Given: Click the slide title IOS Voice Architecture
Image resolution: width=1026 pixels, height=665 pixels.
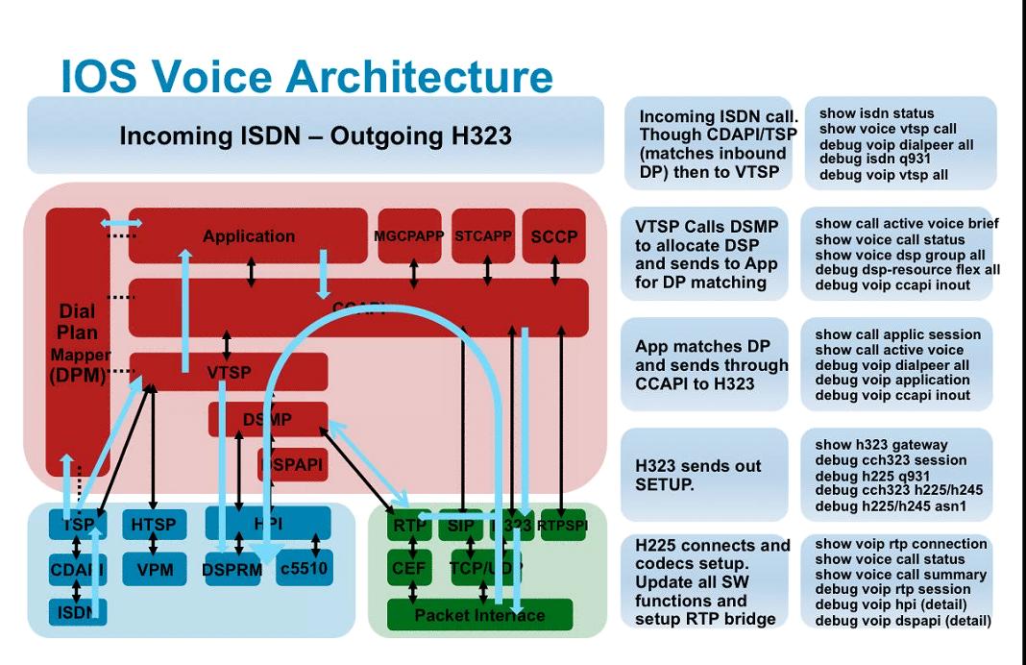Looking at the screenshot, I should click(x=306, y=76).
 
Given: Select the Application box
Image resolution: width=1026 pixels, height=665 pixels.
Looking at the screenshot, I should click(x=248, y=235).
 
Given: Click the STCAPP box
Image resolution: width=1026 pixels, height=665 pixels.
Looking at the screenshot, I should click(x=483, y=235).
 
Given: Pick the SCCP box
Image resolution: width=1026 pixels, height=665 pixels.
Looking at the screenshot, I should click(x=554, y=235).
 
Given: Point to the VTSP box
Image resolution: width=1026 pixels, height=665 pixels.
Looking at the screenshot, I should click(x=229, y=372).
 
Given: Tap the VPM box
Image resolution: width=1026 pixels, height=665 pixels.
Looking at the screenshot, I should click(x=154, y=569).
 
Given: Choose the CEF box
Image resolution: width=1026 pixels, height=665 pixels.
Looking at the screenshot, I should click(x=409, y=569).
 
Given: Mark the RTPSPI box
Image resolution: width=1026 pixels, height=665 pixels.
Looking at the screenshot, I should click(x=563, y=525).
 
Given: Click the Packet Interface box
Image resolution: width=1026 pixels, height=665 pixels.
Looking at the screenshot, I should click(x=478, y=615).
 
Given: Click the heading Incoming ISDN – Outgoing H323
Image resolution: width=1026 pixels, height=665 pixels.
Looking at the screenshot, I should click(x=314, y=136).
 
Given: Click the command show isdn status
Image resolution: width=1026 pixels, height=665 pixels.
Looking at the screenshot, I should click(x=876, y=113).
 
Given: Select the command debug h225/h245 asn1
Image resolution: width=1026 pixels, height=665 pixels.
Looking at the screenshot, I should click(x=891, y=506).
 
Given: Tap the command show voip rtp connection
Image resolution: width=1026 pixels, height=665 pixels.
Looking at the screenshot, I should click(x=900, y=544).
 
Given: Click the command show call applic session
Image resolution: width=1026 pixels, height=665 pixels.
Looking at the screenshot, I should click(x=897, y=334).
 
